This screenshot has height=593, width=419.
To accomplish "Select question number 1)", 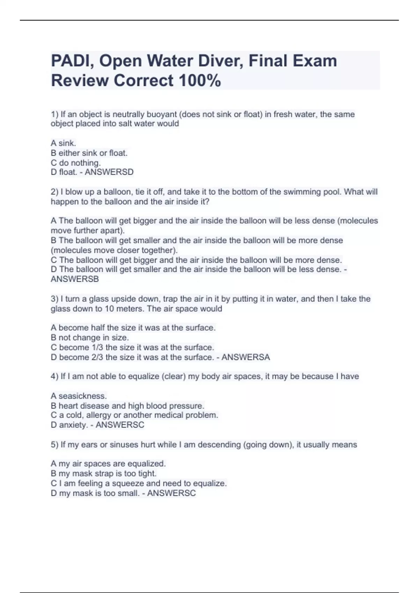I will click(54, 114).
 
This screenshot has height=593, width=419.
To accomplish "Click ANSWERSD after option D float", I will click(109, 172).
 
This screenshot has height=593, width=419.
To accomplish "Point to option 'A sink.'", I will click(63, 143).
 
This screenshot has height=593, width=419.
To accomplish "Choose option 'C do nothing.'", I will click(75, 163).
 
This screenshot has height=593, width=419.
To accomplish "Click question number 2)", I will click(54, 192).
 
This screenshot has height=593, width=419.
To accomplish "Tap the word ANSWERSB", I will click(75, 279).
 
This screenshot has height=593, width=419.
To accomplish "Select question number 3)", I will click(54, 299).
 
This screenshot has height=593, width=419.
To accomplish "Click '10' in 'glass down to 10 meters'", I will click(109, 309).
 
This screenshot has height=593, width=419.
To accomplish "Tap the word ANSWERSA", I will click(246, 357).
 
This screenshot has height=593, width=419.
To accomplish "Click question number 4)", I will click(54, 376).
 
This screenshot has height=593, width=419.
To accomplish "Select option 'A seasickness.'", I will click(79, 396).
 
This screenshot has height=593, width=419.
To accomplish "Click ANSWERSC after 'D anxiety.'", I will click(120, 425).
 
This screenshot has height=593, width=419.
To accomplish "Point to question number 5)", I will click(54, 445).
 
